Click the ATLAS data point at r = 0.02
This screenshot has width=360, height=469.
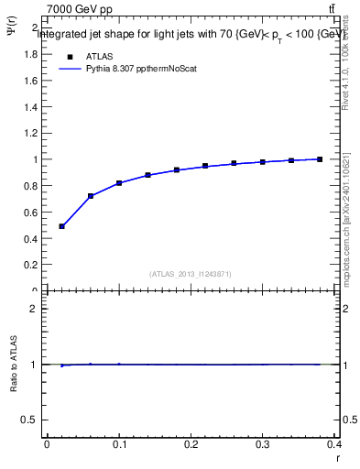click(x=61, y=226)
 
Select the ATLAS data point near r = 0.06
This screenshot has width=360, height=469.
click(x=91, y=196)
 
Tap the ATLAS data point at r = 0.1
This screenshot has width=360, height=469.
click(x=119, y=183)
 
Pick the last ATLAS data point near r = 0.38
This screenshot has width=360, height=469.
click(x=320, y=159)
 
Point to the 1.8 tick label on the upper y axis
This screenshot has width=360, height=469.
click(x=29, y=54)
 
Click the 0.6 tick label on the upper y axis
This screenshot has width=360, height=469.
click(x=29, y=213)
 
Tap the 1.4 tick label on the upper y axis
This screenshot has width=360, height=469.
click(x=29, y=107)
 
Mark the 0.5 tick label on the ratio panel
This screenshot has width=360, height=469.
click(x=29, y=420)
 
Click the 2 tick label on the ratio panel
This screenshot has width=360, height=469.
click(x=33, y=309)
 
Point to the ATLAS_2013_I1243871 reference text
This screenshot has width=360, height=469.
click(x=191, y=274)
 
